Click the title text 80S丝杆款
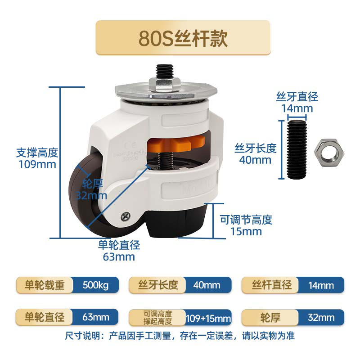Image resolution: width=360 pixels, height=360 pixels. coord(183,38)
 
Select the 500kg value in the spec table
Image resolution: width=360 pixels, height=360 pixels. coord(96,285)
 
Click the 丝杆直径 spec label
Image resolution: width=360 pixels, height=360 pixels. coord(272,285)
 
